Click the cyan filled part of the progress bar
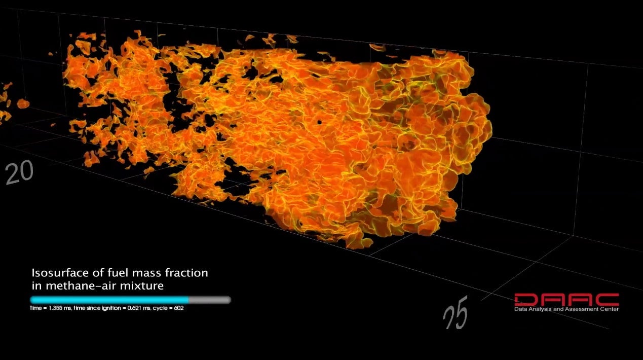pyautogui.click(x=109, y=300)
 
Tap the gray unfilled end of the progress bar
pyautogui.click(x=210, y=300)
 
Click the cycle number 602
pyautogui.click(x=178, y=308)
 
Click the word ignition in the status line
pyautogui.click(x=102, y=308)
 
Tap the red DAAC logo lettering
pyautogui.click(x=566, y=300)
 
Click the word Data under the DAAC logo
pyautogui.click(x=520, y=309)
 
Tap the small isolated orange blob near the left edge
pyautogui.click(x=23, y=104)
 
